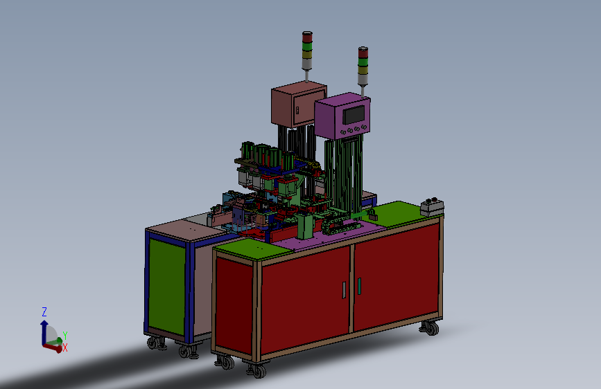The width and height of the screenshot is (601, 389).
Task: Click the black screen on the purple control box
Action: point(354,114)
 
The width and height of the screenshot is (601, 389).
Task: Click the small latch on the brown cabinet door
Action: point(297,110)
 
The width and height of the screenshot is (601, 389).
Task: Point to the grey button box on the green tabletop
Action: point(432,208)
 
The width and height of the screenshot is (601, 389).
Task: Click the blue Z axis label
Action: point(44,312)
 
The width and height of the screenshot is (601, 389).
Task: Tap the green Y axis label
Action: point(64,336)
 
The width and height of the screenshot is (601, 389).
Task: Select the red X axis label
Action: point(64,347)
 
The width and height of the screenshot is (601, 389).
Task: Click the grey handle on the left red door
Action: point(344,290)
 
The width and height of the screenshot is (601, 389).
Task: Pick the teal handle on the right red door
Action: point(359,286)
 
